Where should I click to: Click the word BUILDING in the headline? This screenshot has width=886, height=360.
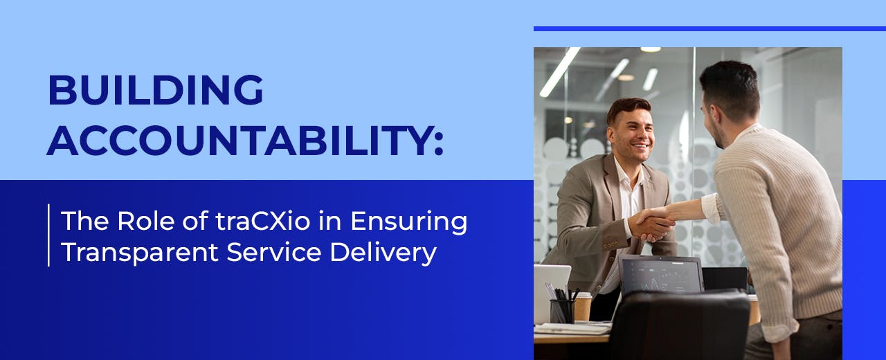pyautogui.click(x=156, y=90)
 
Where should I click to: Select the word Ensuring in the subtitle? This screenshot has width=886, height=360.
pyautogui.click(x=408, y=222)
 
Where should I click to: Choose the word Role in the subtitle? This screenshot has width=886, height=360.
pyautogui.click(x=147, y=222)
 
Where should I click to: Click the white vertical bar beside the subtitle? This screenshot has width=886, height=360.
pyautogui.click(x=48, y=235)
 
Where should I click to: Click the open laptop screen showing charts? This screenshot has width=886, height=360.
pyautogui.click(x=661, y=276)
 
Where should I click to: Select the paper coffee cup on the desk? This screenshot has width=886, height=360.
pyautogui.click(x=582, y=305)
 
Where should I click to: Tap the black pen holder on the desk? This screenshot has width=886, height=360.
pyautogui.click(x=561, y=311)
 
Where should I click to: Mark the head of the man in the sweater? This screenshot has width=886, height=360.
pyautogui.click(x=730, y=97)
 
